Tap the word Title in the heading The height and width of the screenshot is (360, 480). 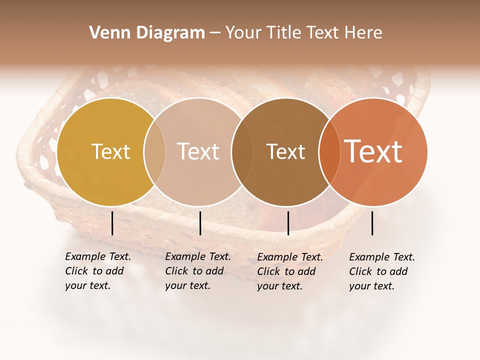(x=284, y=33)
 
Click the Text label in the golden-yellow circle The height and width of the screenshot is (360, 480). (x=110, y=151)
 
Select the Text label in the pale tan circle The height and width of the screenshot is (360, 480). (x=198, y=151)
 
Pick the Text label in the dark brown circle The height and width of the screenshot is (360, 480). (x=285, y=151)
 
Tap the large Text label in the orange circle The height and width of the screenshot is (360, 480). (x=373, y=151)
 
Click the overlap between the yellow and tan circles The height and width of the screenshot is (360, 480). (x=154, y=152)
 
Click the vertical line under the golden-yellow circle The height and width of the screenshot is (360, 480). (x=112, y=223)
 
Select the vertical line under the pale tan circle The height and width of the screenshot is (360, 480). (x=200, y=223)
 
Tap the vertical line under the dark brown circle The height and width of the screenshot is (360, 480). (x=288, y=223)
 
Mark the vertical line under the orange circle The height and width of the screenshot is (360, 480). (x=372, y=223)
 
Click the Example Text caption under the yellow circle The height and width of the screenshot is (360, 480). (x=98, y=271)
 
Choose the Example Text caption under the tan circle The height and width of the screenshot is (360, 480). (x=198, y=271)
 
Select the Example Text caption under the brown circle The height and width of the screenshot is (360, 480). (x=290, y=271)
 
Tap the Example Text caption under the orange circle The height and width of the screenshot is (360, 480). (x=382, y=271)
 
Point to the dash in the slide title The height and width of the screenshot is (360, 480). (x=215, y=33)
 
